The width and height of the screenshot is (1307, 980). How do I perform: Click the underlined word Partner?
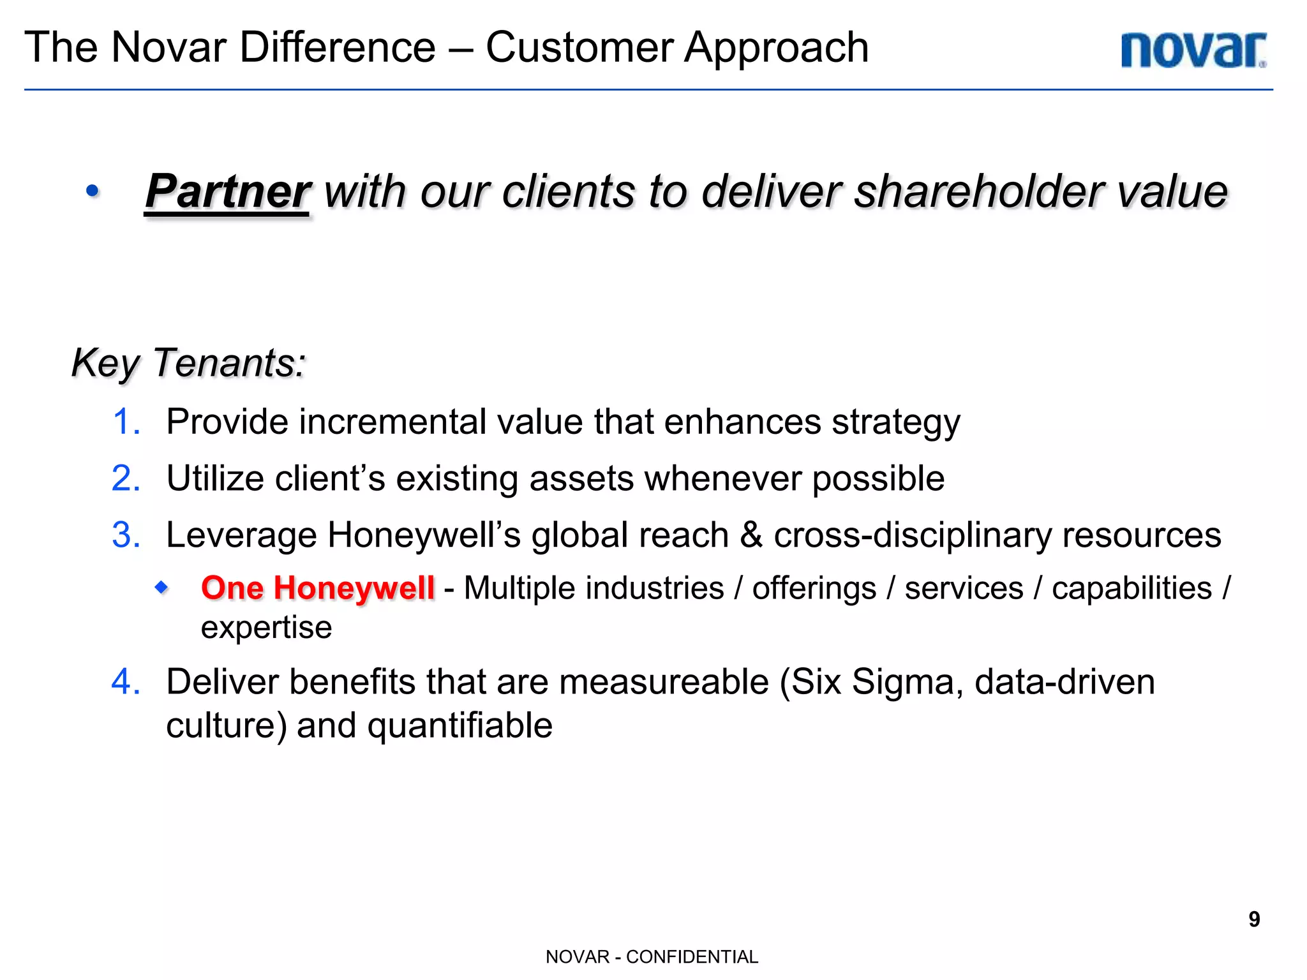click(x=227, y=191)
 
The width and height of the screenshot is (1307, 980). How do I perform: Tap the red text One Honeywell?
click(x=317, y=588)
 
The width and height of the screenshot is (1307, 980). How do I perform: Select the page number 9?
click(x=1253, y=919)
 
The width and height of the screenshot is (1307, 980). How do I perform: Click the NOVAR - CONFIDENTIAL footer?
click(x=652, y=956)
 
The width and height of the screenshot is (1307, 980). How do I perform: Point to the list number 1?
click(x=126, y=422)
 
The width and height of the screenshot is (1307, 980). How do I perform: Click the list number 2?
click(x=126, y=478)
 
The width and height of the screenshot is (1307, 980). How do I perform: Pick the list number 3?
click(x=126, y=535)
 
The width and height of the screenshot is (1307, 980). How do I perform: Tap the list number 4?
click(x=126, y=681)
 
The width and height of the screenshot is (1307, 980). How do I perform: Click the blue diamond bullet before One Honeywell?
click(x=162, y=586)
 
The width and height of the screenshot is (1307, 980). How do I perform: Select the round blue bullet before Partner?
click(x=93, y=191)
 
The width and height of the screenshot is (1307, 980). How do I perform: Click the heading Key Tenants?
click(x=188, y=363)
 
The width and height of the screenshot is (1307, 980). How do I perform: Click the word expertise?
click(x=266, y=628)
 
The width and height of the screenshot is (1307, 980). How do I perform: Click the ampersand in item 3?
click(x=751, y=535)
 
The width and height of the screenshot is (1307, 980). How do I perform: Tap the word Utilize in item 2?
click(x=214, y=478)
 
